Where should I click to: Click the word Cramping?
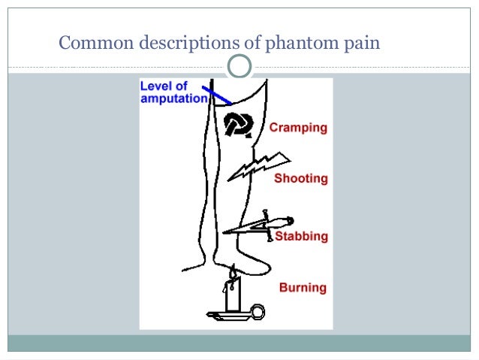click(299, 128)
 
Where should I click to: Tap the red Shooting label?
click(300, 179)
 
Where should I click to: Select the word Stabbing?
click(301, 237)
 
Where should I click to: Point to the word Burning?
click(303, 287)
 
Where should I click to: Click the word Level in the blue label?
click(155, 86)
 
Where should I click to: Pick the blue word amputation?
click(173, 98)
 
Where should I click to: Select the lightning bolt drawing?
click(258, 166)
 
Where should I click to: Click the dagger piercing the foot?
click(255, 225)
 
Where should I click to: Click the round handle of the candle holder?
click(259, 310)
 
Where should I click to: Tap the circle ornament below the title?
click(239, 67)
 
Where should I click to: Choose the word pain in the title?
click(361, 43)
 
